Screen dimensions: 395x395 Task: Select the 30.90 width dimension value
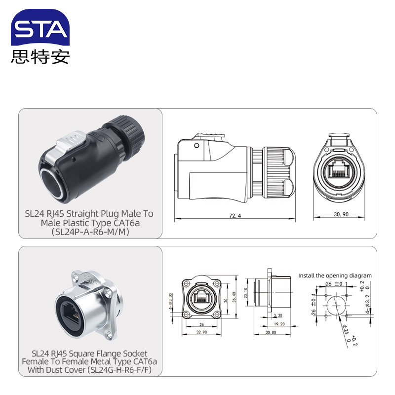(341, 215)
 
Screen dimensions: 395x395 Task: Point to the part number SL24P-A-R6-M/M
(89, 232)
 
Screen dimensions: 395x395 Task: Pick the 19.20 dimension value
(278, 324)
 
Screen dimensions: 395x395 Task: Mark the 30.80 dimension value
(270, 333)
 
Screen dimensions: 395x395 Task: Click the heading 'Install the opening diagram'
(335, 276)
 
